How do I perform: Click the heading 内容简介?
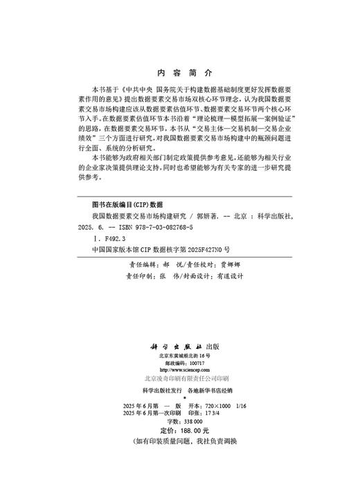tap(179, 71)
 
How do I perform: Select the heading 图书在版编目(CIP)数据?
tap(122, 205)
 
